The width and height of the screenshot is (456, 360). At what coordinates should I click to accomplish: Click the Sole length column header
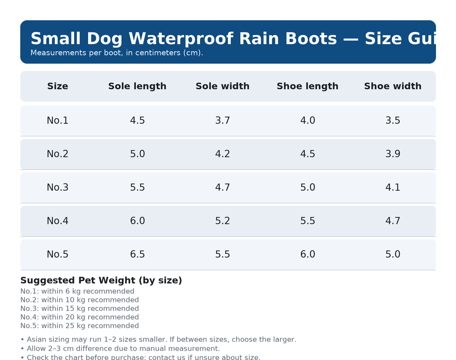point(137,86)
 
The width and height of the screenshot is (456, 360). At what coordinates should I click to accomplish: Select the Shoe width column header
point(392,86)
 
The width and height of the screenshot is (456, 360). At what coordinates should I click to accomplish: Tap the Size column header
point(57,86)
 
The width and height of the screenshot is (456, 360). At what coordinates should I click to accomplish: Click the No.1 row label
point(57,121)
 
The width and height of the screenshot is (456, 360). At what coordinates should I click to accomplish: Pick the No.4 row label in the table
point(57,221)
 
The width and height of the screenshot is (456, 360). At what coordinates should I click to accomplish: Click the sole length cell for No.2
point(137,154)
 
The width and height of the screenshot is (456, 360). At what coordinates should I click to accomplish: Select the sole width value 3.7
point(222,121)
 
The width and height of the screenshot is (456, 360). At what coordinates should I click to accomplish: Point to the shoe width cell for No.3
point(392,188)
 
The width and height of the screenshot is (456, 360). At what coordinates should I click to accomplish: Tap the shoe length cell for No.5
point(307,254)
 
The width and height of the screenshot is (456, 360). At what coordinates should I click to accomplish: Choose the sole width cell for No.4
point(222,221)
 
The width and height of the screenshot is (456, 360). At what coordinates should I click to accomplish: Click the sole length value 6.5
point(137,254)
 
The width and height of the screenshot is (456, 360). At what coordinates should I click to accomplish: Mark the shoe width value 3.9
point(392,154)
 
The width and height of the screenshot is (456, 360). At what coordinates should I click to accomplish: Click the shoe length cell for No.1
point(307,121)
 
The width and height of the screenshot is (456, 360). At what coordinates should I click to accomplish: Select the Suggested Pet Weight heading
point(101,281)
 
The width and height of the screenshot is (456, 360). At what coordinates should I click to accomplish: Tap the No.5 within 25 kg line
point(79,326)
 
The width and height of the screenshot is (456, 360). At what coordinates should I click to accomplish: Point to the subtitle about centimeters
point(117,53)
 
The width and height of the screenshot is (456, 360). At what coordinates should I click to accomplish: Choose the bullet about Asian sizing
point(158,340)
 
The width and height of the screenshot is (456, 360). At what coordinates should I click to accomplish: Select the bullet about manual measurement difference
point(120,348)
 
